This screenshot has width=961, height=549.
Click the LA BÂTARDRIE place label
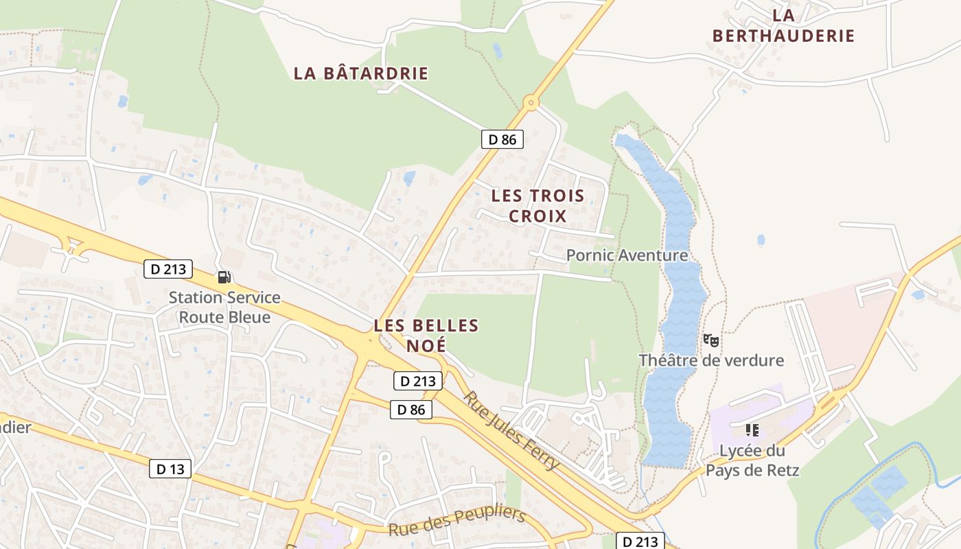(x=361, y=73)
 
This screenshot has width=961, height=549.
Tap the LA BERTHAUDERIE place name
(x=783, y=26)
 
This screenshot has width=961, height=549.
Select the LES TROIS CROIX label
(x=537, y=206)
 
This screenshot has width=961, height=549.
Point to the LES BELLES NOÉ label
(x=426, y=335)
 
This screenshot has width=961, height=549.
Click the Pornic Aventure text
(x=627, y=255)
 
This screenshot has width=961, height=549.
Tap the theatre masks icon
(x=711, y=340)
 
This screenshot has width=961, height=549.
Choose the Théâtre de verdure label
(x=711, y=360)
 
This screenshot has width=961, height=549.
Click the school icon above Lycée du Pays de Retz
(x=752, y=430)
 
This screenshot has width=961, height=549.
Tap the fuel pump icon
(x=224, y=277)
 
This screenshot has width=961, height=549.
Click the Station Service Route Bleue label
(x=224, y=307)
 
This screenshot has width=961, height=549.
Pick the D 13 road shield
(x=170, y=469)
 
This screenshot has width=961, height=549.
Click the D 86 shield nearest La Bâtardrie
(x=502, y=139)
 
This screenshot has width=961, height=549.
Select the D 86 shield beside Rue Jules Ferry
(x=411, y=410)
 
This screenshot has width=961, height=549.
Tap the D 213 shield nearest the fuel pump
(x=168, y=269)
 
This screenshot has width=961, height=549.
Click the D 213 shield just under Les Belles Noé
(x=417, y=381)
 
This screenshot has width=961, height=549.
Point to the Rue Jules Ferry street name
(x=511, y=430)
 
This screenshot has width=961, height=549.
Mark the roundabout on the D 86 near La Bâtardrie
(x=530, y=104)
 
